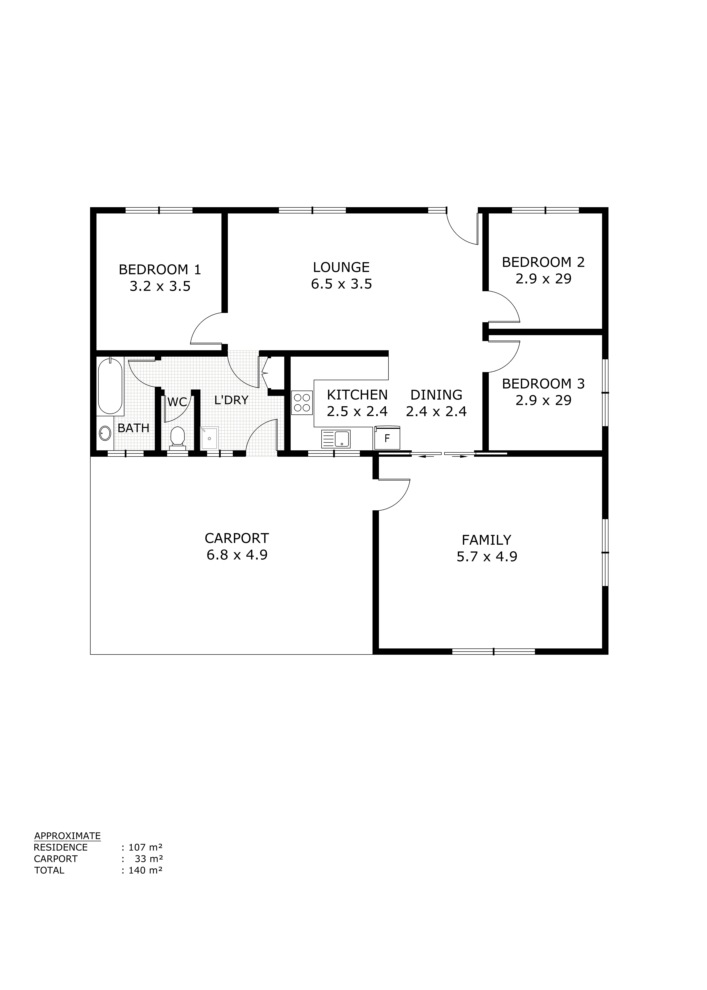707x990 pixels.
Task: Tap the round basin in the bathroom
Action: click(x=105, y=433)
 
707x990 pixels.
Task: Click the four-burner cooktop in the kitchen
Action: click(x=302, y=403)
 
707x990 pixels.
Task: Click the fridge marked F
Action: click(x=387, y=438)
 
